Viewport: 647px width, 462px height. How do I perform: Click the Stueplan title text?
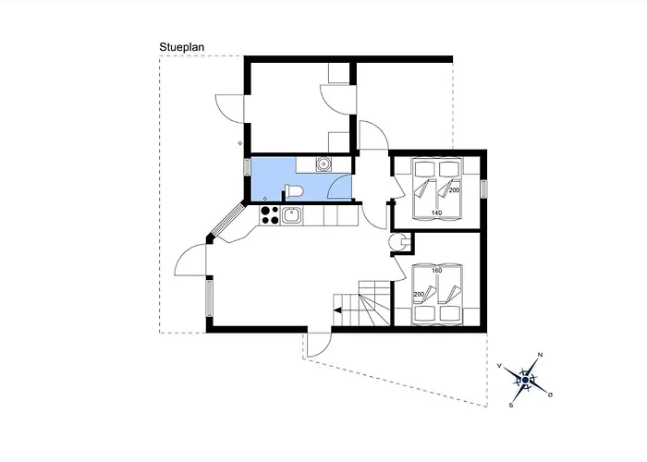pos(181,47)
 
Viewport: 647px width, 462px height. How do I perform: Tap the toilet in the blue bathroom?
pos(294,191)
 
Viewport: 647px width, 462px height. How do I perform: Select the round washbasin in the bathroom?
pos(323,164)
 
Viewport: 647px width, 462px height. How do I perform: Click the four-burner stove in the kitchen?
pos(270,215)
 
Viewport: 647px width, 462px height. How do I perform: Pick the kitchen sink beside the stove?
pos(292,215)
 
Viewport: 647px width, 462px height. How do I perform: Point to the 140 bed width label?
pos(436,213)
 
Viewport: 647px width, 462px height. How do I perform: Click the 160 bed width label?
pos(436,271)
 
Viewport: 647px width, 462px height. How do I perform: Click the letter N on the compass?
pos(540,355)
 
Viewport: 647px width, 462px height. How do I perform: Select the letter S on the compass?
pos(511,405)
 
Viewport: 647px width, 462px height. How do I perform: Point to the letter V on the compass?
pos(499,366)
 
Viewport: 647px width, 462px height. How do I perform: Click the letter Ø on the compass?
pos(550,395)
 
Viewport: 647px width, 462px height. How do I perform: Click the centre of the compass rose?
pos(525,380)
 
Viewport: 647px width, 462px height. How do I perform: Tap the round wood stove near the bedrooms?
pos(397,242)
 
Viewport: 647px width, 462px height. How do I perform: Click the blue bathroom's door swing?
pos(339,187)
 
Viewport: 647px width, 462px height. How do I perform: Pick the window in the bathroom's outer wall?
pos(247,166)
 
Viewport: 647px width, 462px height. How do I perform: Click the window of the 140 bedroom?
pos(484,188)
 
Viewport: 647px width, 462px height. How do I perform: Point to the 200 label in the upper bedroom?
pos(455,190)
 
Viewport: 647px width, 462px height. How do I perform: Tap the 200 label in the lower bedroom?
pos(419,294)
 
